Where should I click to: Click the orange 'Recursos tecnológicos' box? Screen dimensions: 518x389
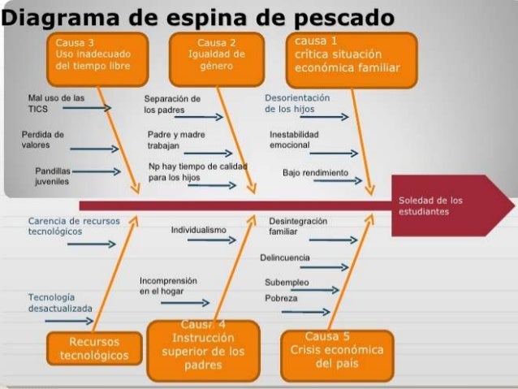(x=94, y=348)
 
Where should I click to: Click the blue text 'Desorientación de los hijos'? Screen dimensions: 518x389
(x=297, y=102)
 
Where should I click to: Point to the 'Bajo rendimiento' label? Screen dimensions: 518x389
(x=315, y=173)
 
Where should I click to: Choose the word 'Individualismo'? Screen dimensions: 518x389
(x=198, y=231)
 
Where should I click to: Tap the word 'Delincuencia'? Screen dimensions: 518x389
(x=285, y=257)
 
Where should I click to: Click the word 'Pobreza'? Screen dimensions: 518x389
(x=281, y=298)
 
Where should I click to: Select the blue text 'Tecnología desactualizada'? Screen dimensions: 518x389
(x=60, y=302)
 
